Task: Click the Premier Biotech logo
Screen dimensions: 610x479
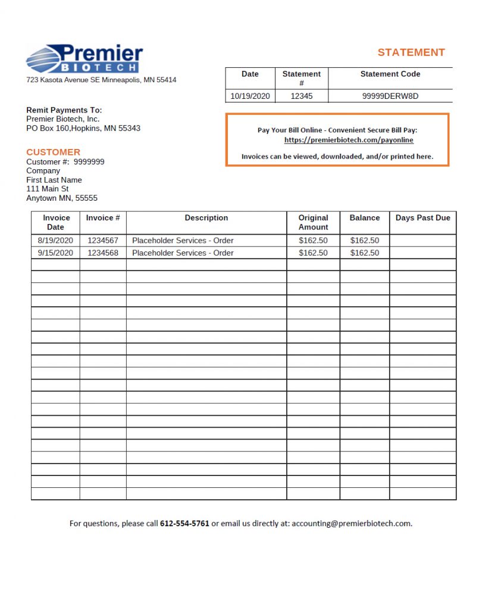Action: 84,59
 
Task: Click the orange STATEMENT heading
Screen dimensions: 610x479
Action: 411,52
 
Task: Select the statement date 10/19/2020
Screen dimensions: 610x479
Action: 250,96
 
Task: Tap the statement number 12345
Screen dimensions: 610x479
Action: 301,96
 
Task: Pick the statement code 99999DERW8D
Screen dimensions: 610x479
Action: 390,96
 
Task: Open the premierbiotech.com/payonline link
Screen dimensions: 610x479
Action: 349,140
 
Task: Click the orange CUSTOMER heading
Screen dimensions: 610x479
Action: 53,152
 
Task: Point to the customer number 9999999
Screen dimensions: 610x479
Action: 89,161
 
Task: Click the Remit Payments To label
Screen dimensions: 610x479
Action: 64,110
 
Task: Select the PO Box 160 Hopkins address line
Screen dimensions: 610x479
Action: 83,128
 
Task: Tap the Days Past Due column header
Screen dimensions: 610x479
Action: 422,218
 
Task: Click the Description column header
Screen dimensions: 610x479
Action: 206,218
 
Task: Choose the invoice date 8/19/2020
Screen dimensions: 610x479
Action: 55,241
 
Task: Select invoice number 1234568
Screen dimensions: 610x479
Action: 102,253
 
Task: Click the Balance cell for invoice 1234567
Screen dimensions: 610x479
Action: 364,241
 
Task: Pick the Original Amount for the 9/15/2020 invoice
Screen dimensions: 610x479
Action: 313,253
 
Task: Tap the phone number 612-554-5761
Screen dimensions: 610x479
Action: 184,524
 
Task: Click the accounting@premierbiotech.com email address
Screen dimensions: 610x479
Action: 351,524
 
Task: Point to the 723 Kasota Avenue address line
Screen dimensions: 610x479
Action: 101,80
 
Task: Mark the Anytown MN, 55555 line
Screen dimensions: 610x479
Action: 62,198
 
